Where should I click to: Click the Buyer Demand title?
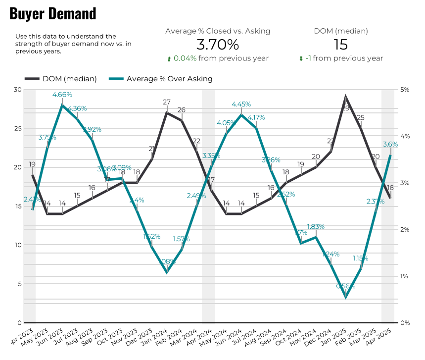pyautogui.click(x=53, y=14)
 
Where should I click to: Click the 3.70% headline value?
pyautogui.click(x=218, y=45)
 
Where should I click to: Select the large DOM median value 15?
pyautogui.click(x=340, y=45)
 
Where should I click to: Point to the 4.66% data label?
pyautogui.click(x=62, y=94)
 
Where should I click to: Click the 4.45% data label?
pyautogui.click(x=241, y=104)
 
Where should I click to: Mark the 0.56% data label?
pyautogui.click(x=346, y=286)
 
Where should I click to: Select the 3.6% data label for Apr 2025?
pyautogui.click(x=390, y=144)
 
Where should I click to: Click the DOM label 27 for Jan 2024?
pyautogui.click(x=167, y=102)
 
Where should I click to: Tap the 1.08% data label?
pyautogui.click(x=167, y=261)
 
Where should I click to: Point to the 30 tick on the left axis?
pyautogui.click(x=18, y=90)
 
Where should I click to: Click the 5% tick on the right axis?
pyautogui.click(x=405, y=90)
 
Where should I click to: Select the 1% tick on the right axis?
pyautogui.click(x=405, y=276)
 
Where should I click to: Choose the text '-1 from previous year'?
pyautogui.click(x=348, y=58)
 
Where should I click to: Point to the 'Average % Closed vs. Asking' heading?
pyautogui.click(x=218, y=31)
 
